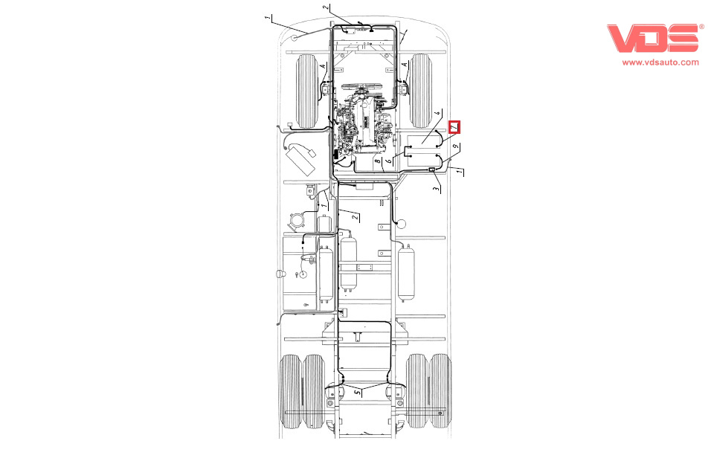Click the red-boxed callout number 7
(454, 126)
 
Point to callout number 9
(455, 146)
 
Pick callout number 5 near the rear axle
(358, 392)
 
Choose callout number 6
(389, 161)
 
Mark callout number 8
(377, 161)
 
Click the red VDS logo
(652, 38)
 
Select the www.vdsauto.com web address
(660, 62)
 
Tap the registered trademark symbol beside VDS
(701, 27)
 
